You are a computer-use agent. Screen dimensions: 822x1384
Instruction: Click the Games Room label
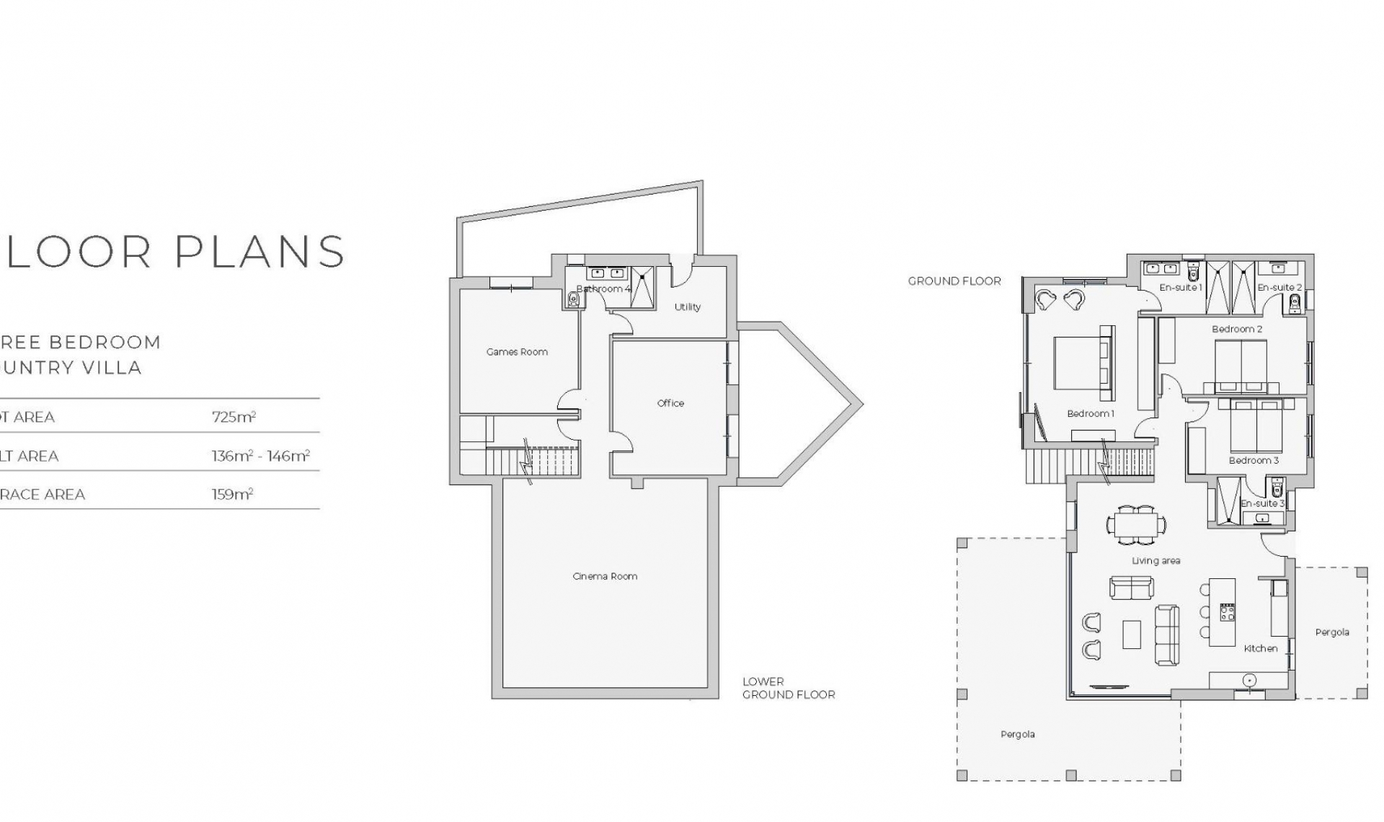click(517, 352)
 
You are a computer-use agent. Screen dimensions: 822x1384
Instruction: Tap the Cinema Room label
click(605, 576)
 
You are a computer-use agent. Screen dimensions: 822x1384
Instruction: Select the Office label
click(670, 403)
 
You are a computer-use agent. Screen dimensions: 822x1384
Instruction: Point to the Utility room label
click(687, 306)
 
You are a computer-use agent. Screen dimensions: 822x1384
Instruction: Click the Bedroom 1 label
click(1091, 413)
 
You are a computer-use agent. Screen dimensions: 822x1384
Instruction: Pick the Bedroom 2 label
click(1237, 329)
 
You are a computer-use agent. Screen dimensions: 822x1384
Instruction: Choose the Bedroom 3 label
click(1254, 460)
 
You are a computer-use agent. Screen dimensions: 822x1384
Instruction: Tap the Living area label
click(1155, 560)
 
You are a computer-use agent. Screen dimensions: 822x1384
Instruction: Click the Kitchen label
click(1261, 648)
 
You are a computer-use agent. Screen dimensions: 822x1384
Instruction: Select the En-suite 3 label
click(1262, 503)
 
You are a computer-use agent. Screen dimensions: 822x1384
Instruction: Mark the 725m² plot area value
click(234, 417)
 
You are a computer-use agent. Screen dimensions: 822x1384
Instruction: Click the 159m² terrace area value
click(232, 495)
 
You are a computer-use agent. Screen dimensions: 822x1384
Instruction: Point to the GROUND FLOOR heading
click(954, 281)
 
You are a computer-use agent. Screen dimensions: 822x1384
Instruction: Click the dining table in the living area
click(1136, 524)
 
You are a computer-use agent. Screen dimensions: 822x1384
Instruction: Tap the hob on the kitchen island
click(1227, 613)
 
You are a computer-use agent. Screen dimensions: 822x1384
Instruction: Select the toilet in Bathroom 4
click(574, 299)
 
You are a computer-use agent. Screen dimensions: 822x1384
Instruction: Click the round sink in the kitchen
click(1249, 680)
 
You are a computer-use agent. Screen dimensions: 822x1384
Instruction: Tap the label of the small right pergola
click(1332, 632)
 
